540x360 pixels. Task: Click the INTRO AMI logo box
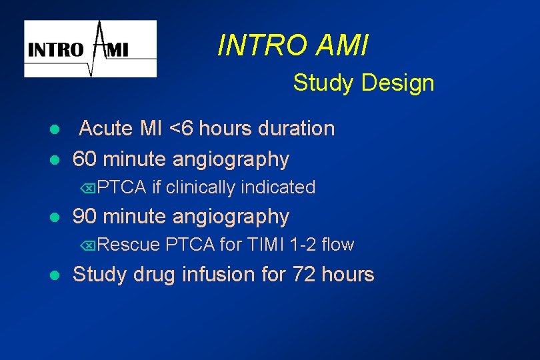click(x=91, y=49)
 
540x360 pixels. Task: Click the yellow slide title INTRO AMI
click(x=293, y=46)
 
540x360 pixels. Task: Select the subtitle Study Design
click(x=363, y=83)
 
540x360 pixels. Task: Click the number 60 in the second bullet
click(x=83, y=159)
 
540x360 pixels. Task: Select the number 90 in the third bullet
click(x=83, y=217)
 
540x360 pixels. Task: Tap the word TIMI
click(x=266, y=245)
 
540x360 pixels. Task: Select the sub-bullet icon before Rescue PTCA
click(x=89, y=246)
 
